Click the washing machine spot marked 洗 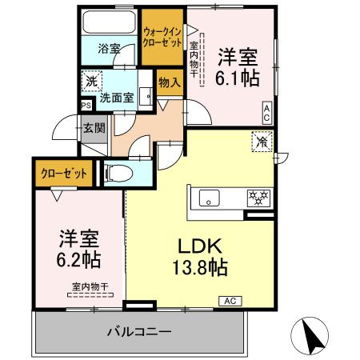pyautogui.click(x=91, y=82)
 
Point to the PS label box pyautogui.click(x=86, y=104)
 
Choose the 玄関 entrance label pyautogui.click(x=94, y=127)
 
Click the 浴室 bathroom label pyautogui.click(x=109, y=49)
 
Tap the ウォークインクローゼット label pyautogui.click(x=162, y=37)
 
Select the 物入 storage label pyautogui.click(x=169, y=82)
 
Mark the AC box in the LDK pyautogui.click(x=228, y=301)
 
